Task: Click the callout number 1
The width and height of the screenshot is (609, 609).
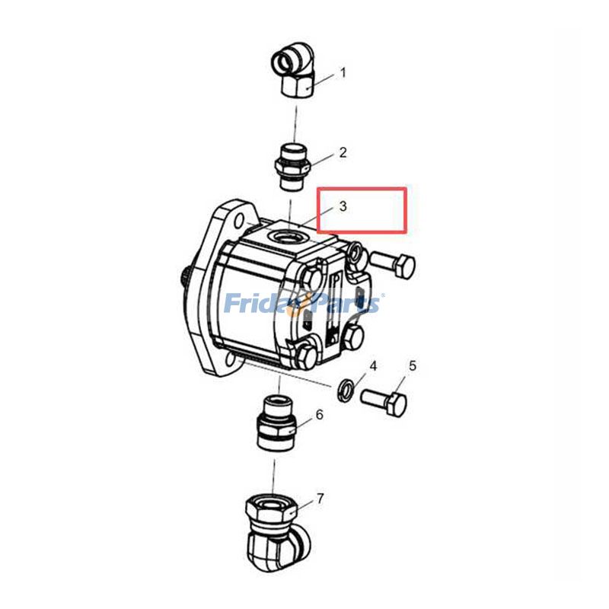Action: (343, 73)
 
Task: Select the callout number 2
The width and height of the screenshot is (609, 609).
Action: (343, 152)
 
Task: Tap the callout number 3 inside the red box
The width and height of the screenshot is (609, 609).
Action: (343, 206)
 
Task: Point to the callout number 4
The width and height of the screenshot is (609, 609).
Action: (373, 366)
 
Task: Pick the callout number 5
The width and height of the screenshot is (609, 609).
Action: (413, 366)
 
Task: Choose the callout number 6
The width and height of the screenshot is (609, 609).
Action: (320, 415)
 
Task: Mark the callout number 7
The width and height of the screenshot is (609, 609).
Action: (320, 499)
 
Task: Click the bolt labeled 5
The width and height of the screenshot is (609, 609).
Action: (385, 400)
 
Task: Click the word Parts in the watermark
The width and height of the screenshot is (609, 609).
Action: (347, 304)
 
